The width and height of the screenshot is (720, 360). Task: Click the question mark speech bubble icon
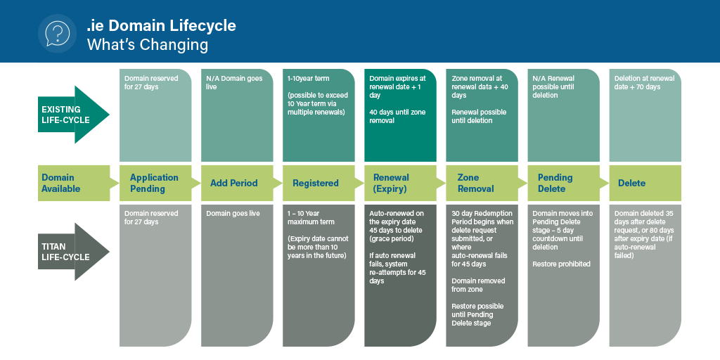point(57,34)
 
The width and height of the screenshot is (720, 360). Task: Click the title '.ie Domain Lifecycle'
point(161,25)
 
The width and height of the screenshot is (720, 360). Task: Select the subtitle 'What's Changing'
point(148,45)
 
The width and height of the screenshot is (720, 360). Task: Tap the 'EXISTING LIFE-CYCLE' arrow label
point(61,115)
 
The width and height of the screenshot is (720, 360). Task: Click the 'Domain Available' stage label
point(61,184)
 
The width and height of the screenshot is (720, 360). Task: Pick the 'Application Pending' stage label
point(154,184)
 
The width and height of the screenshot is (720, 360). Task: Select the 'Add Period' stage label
point(233,184)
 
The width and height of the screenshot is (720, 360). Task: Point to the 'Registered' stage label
point(316,184)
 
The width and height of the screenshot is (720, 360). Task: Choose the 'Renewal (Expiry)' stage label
point(391,184)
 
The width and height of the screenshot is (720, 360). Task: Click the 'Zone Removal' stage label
point(476,184)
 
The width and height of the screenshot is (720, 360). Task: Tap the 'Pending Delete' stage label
point(555,184)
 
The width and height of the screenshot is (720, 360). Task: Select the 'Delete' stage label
point(631,184)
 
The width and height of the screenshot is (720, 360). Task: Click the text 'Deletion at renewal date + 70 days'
point(644,83)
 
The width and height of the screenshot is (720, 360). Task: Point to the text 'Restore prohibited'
point(561,264)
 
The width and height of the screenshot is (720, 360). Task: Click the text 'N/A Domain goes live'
point(234,83)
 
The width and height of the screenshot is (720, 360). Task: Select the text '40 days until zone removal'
point(398,116)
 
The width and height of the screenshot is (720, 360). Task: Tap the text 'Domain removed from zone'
point(478,285)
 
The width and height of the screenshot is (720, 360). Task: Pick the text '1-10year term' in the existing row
point(309,79)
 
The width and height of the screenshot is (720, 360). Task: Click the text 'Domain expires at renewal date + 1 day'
point(398,86)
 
